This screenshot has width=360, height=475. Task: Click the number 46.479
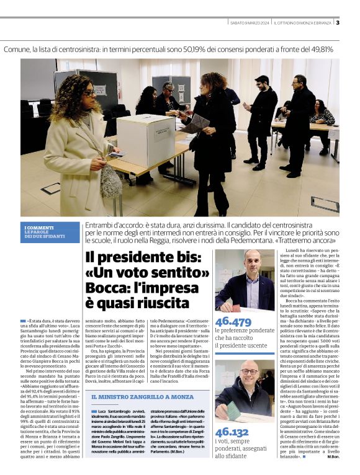233,321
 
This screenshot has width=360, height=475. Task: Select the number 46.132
232,432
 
